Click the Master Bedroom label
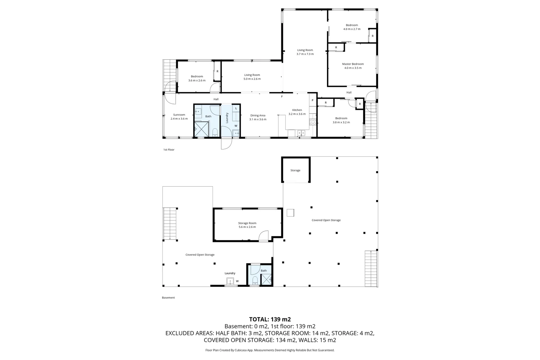(x=353, y=64)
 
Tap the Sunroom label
(x=179, y=115)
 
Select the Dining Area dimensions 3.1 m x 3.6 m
(x=258, y=119)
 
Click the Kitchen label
(x=297, y=110)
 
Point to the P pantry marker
(x=312, y=101)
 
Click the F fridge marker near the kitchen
(x=282, y=96)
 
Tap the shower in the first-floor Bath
(x=201, y=129)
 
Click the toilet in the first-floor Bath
(x=215, y=132)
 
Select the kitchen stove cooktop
(x=313, y=122)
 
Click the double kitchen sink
(x=301, y=133)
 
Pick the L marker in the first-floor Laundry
(x=236, y=108)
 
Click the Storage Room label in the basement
(x=247, y=223)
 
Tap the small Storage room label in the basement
(x=295, y=170)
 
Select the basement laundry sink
(x=230, y=281)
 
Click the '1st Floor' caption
(x=169, y=150)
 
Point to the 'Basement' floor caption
(x=168, y=298)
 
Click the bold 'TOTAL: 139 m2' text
(x=270, y=319)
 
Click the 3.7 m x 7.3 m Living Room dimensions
(x=305, y=54)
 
